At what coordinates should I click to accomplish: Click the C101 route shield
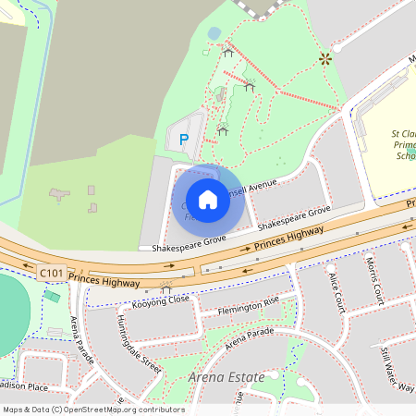[52, 274]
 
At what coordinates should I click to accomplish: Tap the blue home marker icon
[208, 199]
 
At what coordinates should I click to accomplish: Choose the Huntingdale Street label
[139, 343]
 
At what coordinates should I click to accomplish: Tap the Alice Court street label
[336, 289]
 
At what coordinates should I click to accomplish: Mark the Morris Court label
[373, 281]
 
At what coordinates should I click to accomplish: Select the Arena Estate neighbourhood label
[226, 377]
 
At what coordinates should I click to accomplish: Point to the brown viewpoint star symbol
[324, 58]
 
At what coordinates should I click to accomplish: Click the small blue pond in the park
[214, 33]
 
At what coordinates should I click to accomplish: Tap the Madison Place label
[23, 387]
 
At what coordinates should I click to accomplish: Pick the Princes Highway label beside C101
[104, 279]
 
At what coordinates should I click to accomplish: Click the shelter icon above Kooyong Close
[166, 288]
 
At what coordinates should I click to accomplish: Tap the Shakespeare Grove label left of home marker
[183, 242]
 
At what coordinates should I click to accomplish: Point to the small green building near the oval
[53, 298]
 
